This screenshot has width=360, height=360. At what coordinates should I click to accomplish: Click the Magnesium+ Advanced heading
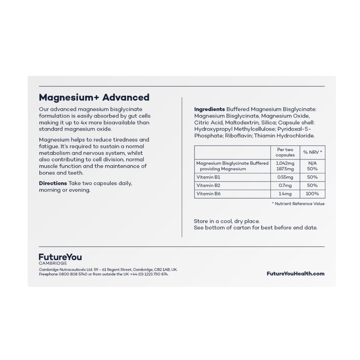(94, 97)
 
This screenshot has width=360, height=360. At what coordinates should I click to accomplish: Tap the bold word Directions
(53, 183)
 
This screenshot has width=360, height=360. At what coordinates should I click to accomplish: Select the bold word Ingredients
(210, 109)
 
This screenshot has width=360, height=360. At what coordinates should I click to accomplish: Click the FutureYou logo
(60, 257)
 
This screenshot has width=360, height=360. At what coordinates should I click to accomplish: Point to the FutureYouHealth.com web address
(295, 274)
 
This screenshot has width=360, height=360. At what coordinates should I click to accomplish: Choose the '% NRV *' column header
(312, 152)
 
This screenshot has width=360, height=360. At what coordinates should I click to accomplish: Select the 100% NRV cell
(312, 194)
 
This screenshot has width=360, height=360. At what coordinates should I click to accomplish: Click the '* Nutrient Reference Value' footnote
(298, 204)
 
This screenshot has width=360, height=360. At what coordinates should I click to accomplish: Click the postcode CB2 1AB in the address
(160, 269)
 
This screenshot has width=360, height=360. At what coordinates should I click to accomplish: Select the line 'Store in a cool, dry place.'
(227, 221)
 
